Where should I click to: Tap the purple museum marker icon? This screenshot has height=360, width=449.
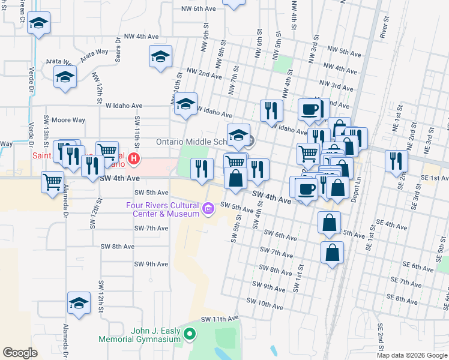(x=208, y=209)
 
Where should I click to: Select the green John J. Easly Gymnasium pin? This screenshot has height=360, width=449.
(x=190, y=334)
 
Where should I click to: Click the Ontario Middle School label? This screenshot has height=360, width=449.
(x=190, y=142)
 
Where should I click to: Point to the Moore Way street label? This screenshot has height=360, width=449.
(x=66, y=119)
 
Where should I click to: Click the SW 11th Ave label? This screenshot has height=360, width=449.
(x=220, y=318)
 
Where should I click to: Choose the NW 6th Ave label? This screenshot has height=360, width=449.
(x=198, y=9)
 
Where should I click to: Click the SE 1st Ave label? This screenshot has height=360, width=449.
(x=433, y=178)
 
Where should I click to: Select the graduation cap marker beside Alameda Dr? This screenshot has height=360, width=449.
(x=79, y=304)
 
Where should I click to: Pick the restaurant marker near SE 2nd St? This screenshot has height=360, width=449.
(x=397, y=161)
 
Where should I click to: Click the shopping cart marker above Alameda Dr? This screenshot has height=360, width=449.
(x=52, y=181)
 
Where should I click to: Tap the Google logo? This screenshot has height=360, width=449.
(x=20, y=353)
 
